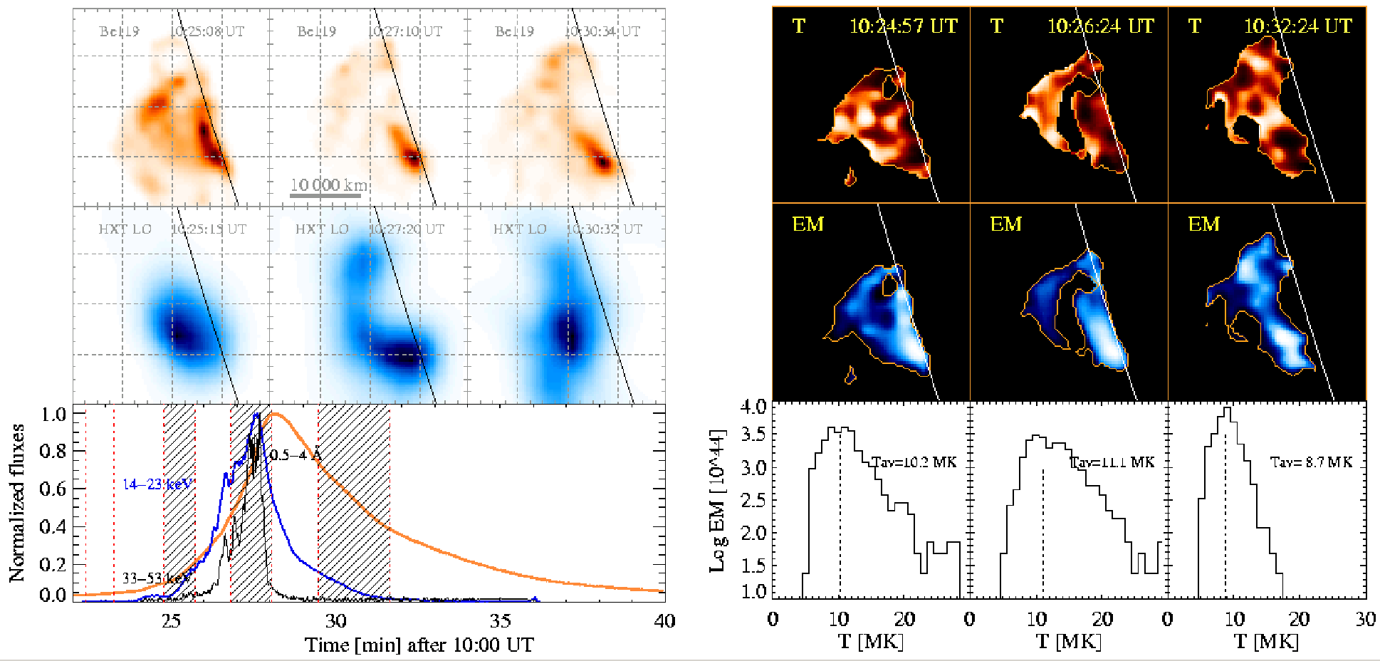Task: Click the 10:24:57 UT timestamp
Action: click(x=903, y=26)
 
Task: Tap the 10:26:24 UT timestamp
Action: click(x=1100, y=26)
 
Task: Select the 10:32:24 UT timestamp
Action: click(x=1297, y=26)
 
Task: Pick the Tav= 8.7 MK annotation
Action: click(x=1311, y=462)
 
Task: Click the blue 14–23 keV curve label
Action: click(x=157, y=484)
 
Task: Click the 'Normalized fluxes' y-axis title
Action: click(x=17, y=503)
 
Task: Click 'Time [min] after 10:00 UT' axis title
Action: click(x=419, y=645)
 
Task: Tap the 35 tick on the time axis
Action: click(x=500, y=621)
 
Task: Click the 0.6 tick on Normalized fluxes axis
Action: click(x=54, y=489)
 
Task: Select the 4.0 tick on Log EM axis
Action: click(x=753, y=407)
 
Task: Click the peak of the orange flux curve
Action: click(x=276, y=415)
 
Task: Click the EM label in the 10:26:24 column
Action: click(x=1006, y=224)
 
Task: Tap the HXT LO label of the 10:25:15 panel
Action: click(x=125, y=229)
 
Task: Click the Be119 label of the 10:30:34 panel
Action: click(x=514, y=31)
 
